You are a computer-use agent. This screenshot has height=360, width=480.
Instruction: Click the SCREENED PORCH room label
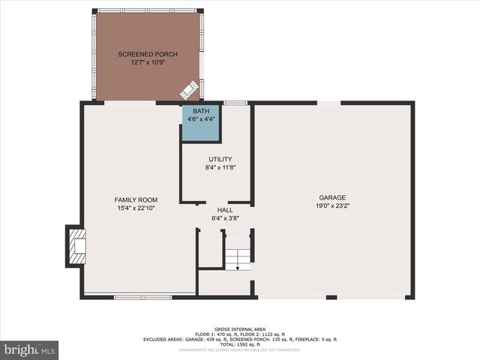(148, 55)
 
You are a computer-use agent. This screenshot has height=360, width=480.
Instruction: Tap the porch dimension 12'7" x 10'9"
(148, 63)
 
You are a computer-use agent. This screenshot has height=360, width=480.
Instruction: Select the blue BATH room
(200, 124)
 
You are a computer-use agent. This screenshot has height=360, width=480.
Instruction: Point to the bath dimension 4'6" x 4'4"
(200, 118)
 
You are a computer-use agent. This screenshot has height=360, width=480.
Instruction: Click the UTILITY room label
(220, 160)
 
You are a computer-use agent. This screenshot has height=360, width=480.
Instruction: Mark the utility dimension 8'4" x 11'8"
(220, 168)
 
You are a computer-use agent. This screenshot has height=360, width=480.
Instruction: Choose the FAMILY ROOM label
(136, 199)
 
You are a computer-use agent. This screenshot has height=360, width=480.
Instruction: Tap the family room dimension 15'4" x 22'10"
(136, 208)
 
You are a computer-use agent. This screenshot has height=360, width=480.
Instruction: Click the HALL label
(225, 210)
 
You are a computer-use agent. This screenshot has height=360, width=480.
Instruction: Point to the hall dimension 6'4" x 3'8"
(225, 218)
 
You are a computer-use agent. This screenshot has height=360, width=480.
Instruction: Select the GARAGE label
(332, 197)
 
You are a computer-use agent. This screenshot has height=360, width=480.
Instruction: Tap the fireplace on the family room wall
(76, 245)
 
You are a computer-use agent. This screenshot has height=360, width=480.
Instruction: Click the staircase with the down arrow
(237, 255)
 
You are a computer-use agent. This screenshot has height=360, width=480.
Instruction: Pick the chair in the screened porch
(188, 90)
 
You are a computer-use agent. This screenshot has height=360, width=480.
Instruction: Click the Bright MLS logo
(29, 349)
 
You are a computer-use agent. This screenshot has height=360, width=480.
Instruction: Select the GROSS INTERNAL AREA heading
(239, 329)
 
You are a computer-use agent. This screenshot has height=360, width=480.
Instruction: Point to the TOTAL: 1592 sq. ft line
(239, 345)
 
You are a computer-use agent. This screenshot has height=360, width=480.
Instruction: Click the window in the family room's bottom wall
(142, 297)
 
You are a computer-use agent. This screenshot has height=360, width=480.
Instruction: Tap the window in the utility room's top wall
(235, 102)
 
